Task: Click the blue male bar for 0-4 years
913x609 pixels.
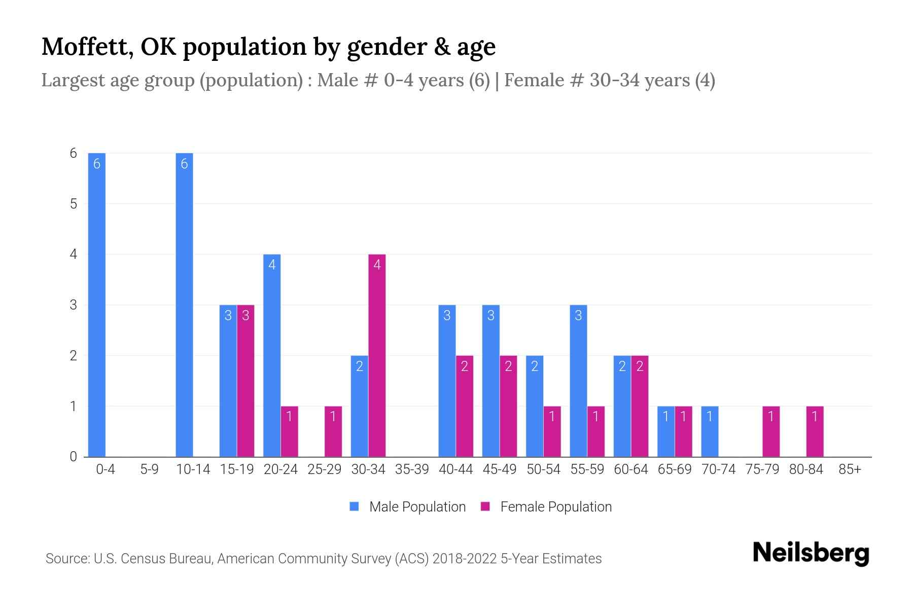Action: pos(96,304)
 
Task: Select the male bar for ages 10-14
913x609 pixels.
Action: pos(184,304)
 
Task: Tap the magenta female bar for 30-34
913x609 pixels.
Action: pos(377,355)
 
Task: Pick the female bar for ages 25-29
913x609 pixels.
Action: pos(333,431)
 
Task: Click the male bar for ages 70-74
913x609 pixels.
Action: pos(710,431)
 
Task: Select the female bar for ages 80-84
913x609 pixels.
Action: pos(815,431)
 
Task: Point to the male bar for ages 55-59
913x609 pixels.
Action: pos(578,381)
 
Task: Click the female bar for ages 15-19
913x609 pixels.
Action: pos(245,381)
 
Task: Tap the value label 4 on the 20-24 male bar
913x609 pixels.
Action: pos(272,264)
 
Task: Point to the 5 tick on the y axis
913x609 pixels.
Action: pos(74,204)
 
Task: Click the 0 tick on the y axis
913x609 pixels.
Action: pos(74,457)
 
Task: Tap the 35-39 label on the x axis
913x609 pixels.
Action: pos(412,469)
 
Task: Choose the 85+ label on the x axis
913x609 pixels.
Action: pos(850,469)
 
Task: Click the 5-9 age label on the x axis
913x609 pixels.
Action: pos(149,469)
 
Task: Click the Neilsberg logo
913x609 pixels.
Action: pos(811,553)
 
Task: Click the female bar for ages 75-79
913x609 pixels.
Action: pos(771,431)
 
